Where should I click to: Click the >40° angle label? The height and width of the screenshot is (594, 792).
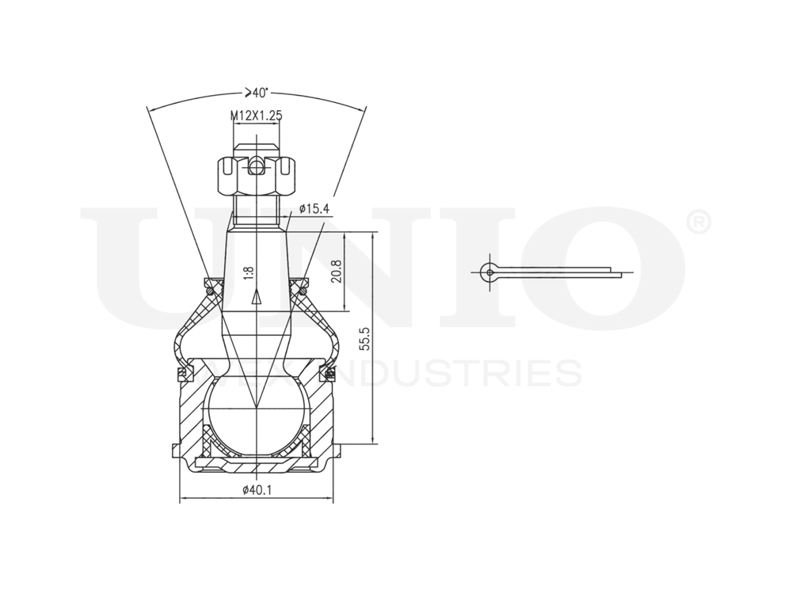click(x=257, y=92)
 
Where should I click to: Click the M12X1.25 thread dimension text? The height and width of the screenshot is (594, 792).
click(x=257, y=116)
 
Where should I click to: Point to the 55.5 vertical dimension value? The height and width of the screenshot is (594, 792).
click(x=365, y=337)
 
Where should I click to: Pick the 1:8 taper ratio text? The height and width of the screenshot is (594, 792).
click(x=249, y=272)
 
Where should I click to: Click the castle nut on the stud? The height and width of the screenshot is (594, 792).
click(x=256, y=179)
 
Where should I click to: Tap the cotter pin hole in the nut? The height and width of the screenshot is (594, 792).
click(x=256, y=167)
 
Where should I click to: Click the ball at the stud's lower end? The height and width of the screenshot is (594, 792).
click(x=256, y=416)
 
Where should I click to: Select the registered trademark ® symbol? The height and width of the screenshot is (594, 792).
click(x=697, y=223)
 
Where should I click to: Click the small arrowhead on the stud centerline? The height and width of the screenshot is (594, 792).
click(x=256, y=298)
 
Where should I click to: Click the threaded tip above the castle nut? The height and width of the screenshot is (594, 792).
click(x=256, y=148)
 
